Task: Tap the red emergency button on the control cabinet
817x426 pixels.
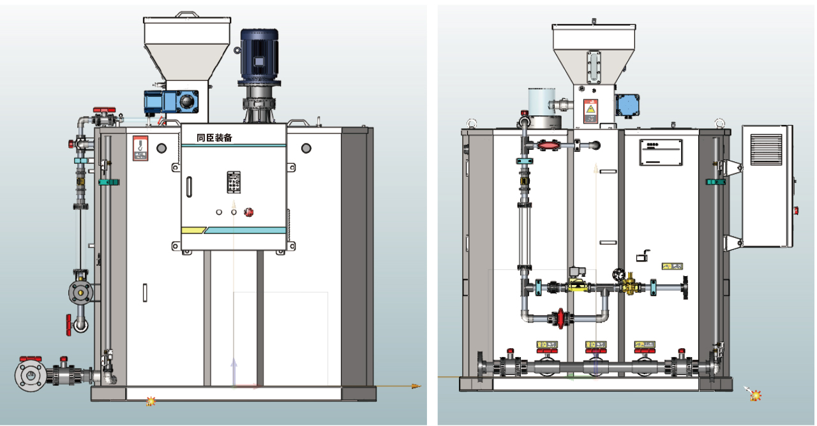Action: point(249,212)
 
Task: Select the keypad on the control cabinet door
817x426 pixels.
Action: point(234,182)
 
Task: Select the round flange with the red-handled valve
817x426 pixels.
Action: point(29,376)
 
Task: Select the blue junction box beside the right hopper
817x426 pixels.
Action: point(629,104)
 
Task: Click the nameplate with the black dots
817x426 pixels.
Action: point(661,152)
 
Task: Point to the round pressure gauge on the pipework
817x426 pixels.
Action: point(617,274)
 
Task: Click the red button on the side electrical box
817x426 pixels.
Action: point(795,209)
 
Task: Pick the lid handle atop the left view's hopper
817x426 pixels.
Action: point(187,13)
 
